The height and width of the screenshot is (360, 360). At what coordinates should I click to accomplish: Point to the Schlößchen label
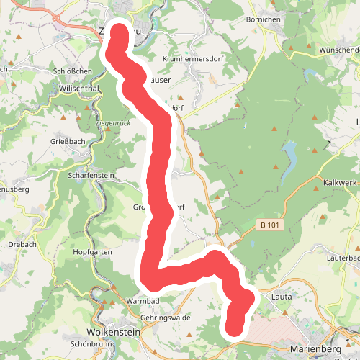pyautogui.click(x=73, y=71)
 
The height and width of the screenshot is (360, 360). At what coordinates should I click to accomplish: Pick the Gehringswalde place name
pyautogui.click(x=165, y=317)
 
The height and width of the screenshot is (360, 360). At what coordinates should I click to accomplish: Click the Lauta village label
pyautogui.click(x=281, y=295)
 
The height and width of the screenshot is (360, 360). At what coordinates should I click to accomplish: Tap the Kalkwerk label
pyautogui.click(x=340, y=182)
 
